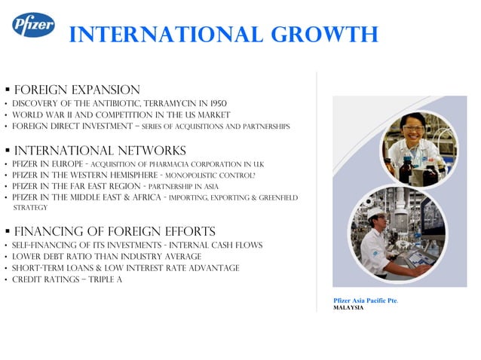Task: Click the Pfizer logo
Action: point(33,25)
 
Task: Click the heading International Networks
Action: point(100,151)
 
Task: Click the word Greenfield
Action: point(276,197)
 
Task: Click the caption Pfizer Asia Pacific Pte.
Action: point(365,301)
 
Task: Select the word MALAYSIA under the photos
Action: point(348,308)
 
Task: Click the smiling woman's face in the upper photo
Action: point(412,130)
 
